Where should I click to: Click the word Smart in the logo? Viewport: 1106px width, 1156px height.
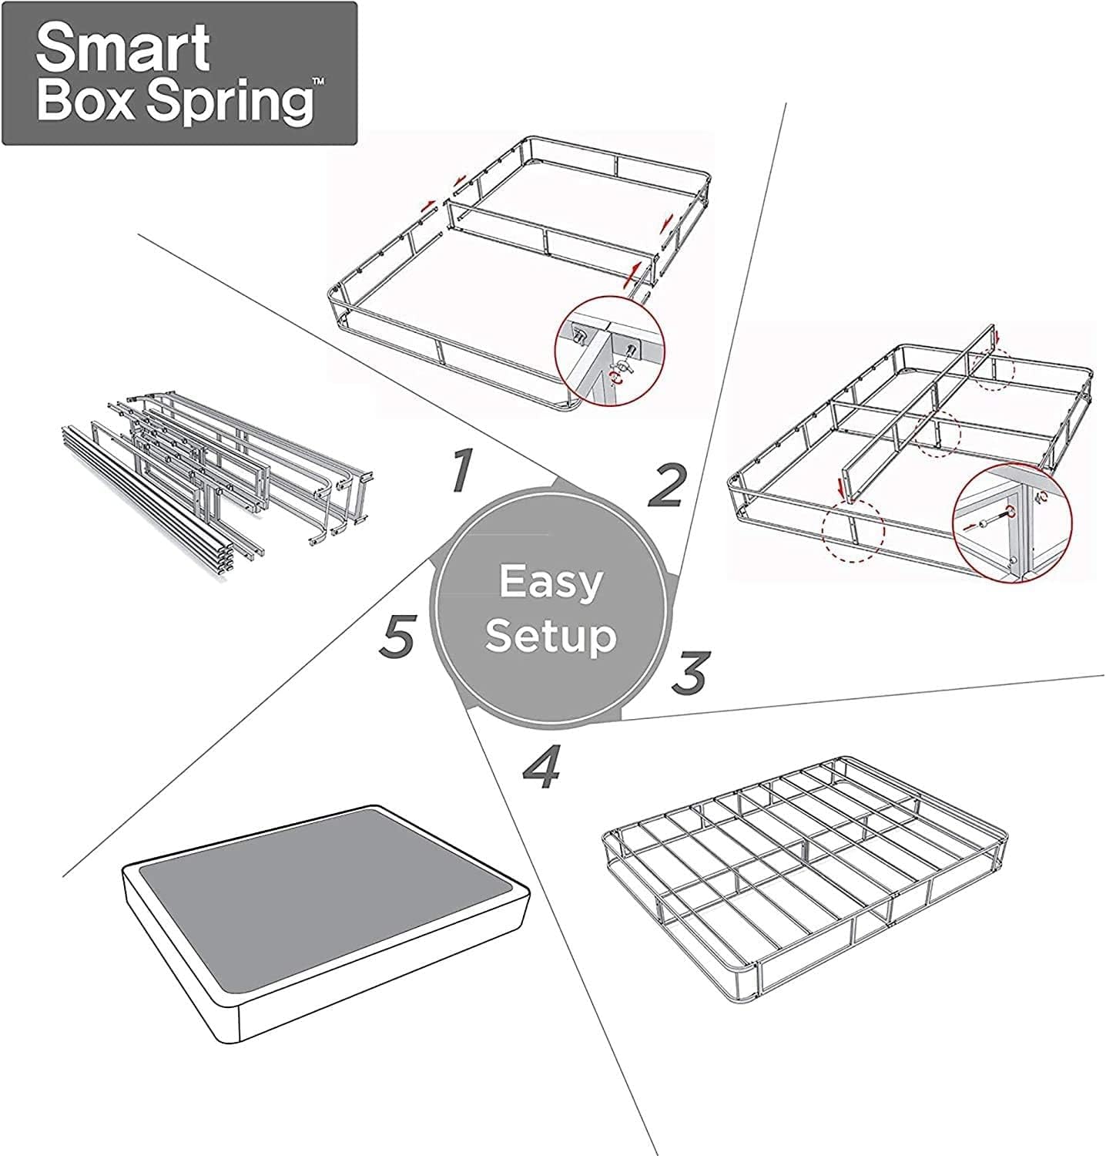point(123,48)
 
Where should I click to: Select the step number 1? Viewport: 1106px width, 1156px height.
point(461,470)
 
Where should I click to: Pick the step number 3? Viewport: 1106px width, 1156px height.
point(688,672)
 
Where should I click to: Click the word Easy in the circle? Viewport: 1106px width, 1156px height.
point(550,583)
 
